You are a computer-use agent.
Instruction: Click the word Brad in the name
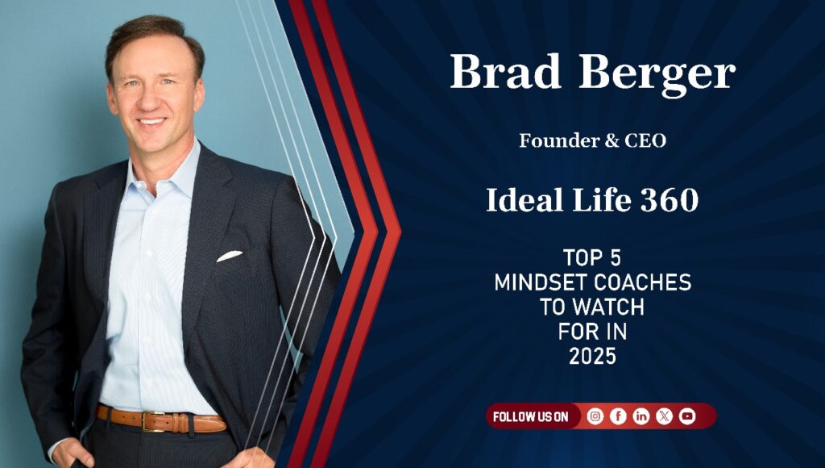tap(505, 71)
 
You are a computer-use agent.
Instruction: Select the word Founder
tap(559, 140)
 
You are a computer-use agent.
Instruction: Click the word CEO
tap(645, 140)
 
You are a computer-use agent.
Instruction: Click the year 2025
tap(592, 357)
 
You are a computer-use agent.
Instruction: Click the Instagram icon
tap(595, 416)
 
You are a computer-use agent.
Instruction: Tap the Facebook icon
tap(618, 416)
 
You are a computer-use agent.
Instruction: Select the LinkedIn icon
tap(641, 416)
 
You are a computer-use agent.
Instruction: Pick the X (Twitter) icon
tap(664, 416)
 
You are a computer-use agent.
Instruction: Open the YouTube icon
tap(687, 416)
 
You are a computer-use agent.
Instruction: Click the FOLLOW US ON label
tap(530, 417)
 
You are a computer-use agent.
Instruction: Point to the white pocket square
tap(230, 256)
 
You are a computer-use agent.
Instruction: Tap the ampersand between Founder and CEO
tap(611, 140)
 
